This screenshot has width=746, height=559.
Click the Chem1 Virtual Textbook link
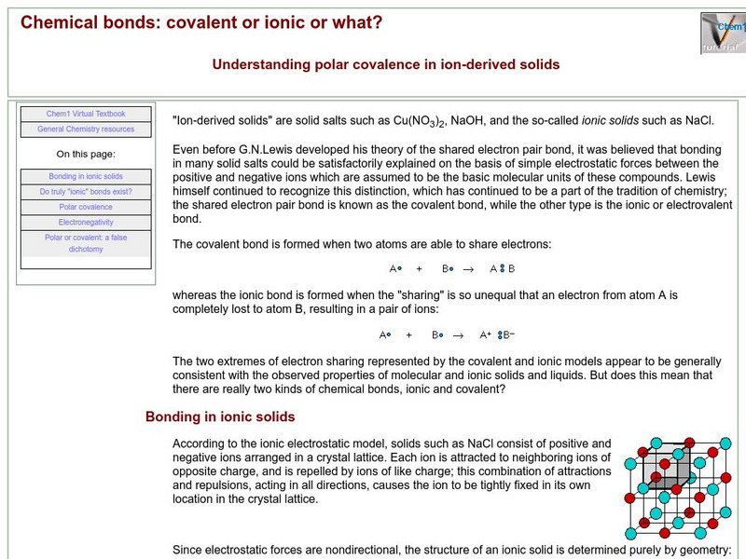tap(86, 114)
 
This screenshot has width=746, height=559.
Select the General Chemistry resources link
tap(86, 129)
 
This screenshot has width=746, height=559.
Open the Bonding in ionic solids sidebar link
tap(86, 176)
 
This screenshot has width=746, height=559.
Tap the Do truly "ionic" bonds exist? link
tap(86, 191)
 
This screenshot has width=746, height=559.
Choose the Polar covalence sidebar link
tap(86, 207)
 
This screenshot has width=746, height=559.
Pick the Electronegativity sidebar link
tap(86, 222)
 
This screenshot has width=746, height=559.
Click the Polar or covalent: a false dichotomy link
tap(86, 243)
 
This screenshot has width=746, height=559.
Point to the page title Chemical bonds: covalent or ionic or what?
tap(201, 21)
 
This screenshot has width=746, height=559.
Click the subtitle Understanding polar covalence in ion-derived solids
tap(386, 64)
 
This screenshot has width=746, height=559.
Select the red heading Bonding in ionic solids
tap(220, 416)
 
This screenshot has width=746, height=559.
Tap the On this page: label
tap(86, 154)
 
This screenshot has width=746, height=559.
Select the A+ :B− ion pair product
tap(497, 334)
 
